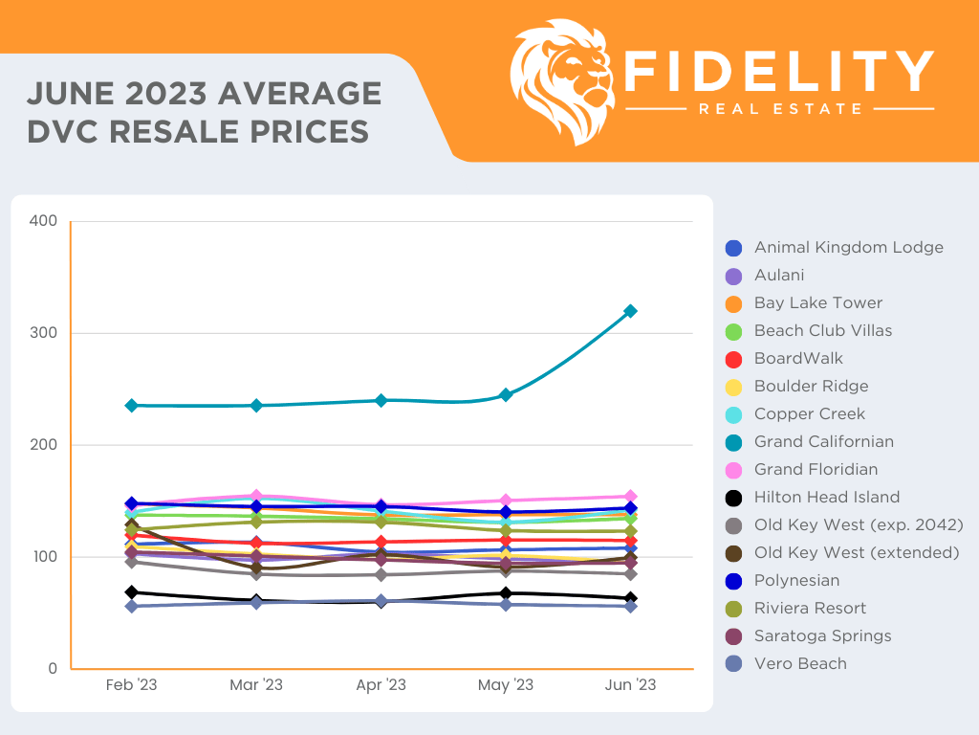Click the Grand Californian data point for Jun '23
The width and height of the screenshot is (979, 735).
point(630,311)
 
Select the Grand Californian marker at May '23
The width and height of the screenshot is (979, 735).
point(506,394)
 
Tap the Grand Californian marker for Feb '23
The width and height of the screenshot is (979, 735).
point(132,406)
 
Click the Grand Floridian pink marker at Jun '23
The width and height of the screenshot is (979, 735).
point(630,497)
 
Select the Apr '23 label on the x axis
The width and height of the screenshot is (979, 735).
point(381,685)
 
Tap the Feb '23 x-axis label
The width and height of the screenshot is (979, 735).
point(132,685)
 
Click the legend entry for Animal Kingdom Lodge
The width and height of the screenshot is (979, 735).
point(848,248)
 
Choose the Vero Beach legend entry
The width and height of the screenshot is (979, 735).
point(799,664)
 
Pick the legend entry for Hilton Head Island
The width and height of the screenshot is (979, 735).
point(826,498)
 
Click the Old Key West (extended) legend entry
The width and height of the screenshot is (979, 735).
point(857,553)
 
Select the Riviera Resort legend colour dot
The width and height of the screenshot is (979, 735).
point(734,609)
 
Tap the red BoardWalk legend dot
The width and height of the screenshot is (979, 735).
point(734,359)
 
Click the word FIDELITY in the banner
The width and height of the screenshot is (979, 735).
point(778,71)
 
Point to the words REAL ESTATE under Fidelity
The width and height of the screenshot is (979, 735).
point(780,109)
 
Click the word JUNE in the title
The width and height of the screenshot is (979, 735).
point(72,94)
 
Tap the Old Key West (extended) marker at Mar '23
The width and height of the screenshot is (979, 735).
point(256,567)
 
